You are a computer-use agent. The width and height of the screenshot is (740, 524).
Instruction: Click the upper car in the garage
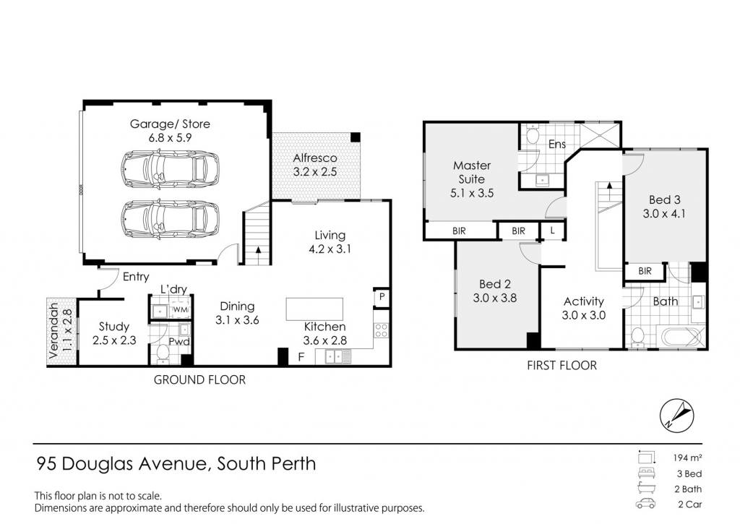point(171,168)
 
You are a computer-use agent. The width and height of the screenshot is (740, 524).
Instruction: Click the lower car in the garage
point(171,220)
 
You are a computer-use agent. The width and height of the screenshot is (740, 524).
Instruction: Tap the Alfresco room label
point(315,158)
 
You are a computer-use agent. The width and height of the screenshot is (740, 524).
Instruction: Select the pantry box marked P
point(382,297)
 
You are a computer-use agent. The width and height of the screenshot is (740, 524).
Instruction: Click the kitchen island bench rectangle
point(314,309)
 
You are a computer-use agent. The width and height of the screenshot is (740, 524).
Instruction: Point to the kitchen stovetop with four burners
point(381,330)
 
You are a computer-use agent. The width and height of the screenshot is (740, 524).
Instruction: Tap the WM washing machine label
point(181,309)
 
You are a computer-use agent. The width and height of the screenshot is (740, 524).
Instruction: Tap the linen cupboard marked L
point(552,231)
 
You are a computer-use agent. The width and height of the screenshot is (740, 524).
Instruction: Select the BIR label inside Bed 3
point(645,271)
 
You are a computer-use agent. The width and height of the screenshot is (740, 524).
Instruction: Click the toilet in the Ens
point(533,134)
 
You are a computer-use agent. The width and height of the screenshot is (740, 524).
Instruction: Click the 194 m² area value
point(687,458)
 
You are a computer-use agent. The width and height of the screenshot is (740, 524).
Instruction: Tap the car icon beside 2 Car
point(645,504)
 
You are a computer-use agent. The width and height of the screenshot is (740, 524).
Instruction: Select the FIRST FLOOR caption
point(562,366)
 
